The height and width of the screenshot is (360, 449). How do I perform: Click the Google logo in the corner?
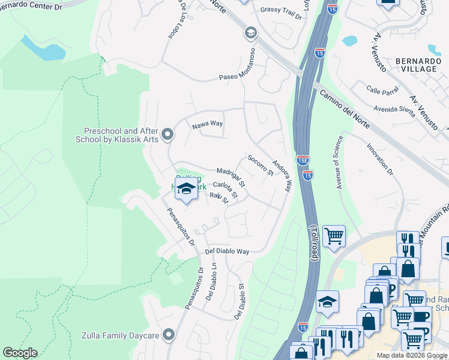pyautogui.click(x=20, y=353)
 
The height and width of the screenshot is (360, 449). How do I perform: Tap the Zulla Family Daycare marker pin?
pyautogui.click(x=169, y=334)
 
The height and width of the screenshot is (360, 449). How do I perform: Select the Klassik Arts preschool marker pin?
pyautogui.click(x=167, y=134)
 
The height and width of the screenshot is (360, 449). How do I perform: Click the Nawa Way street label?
pyautogui.click(x=208, y=125)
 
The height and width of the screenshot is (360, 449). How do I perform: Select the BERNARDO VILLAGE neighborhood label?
pyautogui.click(x=416, y=65)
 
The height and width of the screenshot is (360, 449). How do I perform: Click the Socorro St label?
pyautogui.click(x=260, y=166)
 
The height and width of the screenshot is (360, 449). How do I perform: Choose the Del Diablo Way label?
pyautogui.click(x=227, y=252)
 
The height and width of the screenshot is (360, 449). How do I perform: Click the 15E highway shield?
pyautogui.click(x=303, y=160)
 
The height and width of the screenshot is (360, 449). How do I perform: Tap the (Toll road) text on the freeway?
pyautogui.click(x=313, y=242)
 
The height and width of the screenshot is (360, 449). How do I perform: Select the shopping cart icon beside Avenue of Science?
pyautogui.click(x=334, y=235)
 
